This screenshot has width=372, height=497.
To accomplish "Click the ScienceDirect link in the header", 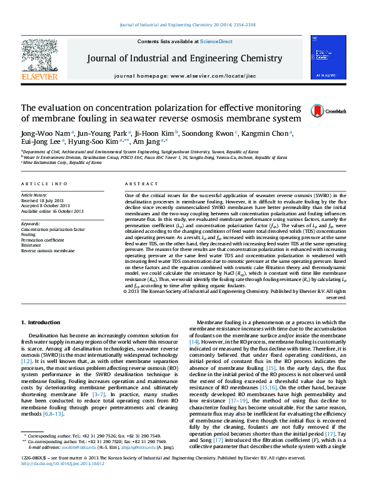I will point(216,41).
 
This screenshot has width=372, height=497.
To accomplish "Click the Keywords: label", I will point(31,224).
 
